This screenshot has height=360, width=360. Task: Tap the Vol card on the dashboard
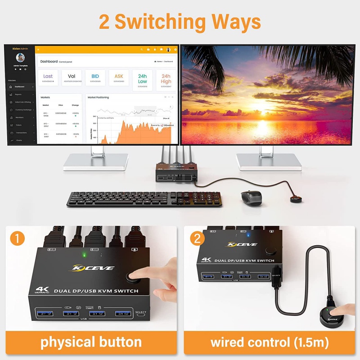(72, 78)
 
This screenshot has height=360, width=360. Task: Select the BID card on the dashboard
(95, 78)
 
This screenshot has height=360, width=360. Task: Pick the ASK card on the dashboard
(119, 78)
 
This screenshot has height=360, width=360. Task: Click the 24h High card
(166, 80)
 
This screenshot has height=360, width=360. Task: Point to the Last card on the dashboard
(48, 78)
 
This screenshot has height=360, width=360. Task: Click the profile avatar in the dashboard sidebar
(20, 58)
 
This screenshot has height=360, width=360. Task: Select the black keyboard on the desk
(144, 199)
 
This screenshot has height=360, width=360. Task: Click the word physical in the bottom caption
(68, 342)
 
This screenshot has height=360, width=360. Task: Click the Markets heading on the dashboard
(45, 97)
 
